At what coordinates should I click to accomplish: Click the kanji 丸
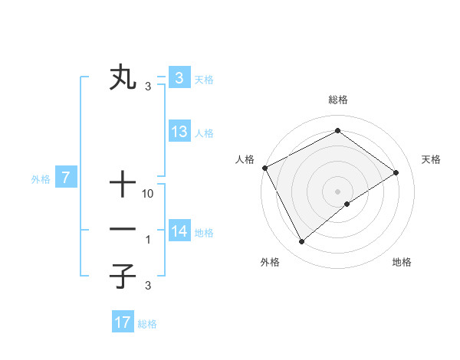(123, 79)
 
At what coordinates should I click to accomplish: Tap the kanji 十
(123, 185)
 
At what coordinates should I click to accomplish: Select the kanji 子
(123, 277)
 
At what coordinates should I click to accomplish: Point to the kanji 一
(123, 229)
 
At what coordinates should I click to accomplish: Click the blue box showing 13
(179, 132)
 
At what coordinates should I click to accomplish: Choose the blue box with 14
(179, 231)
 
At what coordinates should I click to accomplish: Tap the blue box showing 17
(123, 322)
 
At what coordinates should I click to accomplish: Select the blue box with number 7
(66, 178)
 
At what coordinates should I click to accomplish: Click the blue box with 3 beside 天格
(179, 78)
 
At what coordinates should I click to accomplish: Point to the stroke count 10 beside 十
(149, 194)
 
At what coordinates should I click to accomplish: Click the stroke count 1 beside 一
(149, 240)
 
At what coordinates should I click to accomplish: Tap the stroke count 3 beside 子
(149, 286)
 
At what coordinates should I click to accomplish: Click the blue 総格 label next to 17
(147, 324)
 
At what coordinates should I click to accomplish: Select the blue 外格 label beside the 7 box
(41, 180)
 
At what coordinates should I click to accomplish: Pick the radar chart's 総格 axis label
(338, 100)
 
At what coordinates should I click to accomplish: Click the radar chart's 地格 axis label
(402, 262)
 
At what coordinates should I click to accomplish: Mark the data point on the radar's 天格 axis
(396, 172)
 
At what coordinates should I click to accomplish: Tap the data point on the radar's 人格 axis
(264, 168)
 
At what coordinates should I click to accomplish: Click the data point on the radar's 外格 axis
(302, 242)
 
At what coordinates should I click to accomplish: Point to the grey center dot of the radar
(338, 191)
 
